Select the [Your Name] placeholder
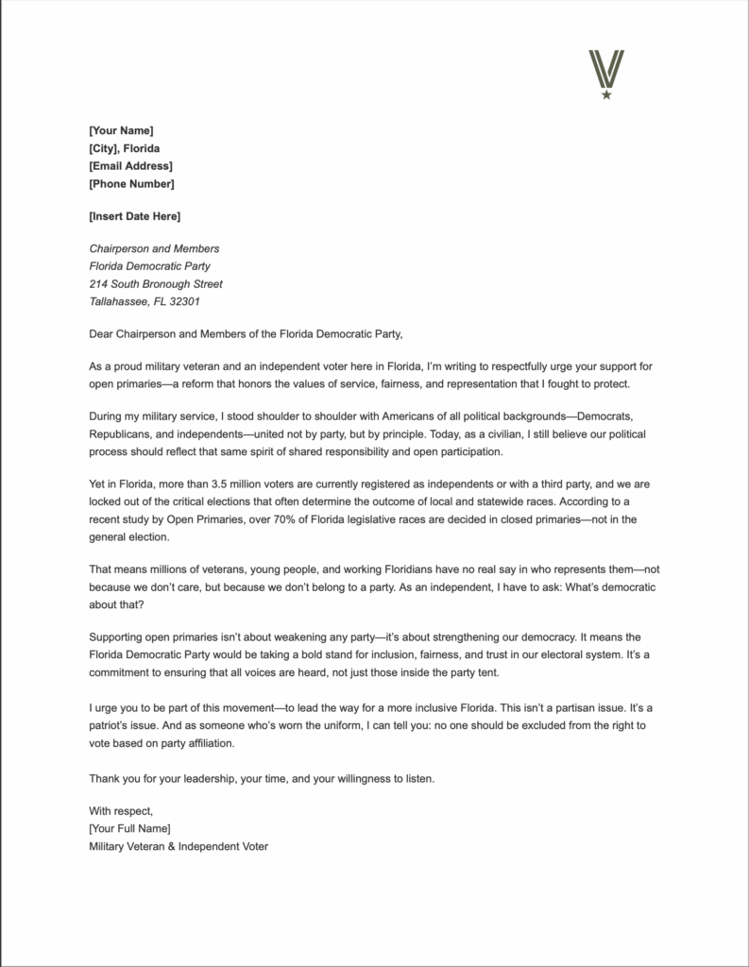pyautogui.click(x=121, y=130)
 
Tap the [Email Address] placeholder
pyautogui.click(x=130, y=166)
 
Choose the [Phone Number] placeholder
pyautogui.click(x=131, y=184)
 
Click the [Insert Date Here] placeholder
pyautogui.click(x=134, y=216)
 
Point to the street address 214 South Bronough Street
pyautogui.click(x=156, y=284)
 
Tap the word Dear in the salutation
pyautogui.click(x=100, y=333)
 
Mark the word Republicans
pyautogui.click(x=120, y=433)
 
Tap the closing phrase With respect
pyautogui.click(x=120, y=810)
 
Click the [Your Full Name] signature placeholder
pyautogui.click(x=129, y=828)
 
